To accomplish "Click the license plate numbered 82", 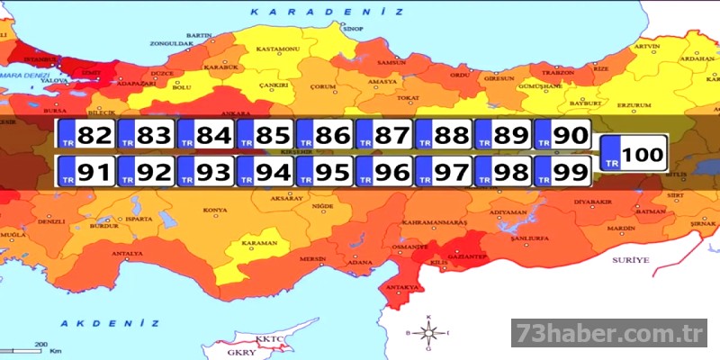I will click(x=85, y=135).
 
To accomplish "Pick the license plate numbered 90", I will click(x=562, y=135).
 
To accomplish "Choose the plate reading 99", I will click(x=562, y=170).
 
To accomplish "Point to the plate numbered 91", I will click(x=85, y=170).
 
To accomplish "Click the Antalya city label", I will click(x=126, y=254).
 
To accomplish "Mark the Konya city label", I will click(x=215, y=211).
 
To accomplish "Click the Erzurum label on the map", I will click(x=633, y=105).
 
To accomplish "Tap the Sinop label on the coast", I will click(x=353, y=29).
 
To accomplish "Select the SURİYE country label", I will click(x=629, y=259).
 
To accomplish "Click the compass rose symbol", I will click(x=429, y=333).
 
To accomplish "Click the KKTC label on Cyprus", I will click(x=269, y=339).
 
